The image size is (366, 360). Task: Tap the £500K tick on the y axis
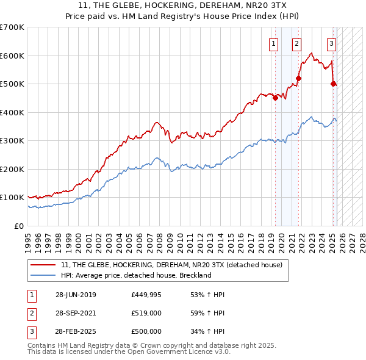click(12, 84)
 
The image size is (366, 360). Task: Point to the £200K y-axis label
click(12, 169)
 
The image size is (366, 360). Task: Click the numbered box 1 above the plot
click(273, 43)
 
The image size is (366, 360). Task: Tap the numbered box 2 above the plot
click(296, 43)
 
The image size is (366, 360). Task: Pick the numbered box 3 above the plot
click(331, 43)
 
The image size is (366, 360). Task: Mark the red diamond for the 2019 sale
click(276, 98)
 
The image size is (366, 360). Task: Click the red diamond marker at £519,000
click(299, 78)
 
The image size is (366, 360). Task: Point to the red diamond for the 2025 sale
click(333, 84)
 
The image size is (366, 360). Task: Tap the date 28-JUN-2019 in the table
click(76, 295)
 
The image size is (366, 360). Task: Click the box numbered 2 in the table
click(31, 313)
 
